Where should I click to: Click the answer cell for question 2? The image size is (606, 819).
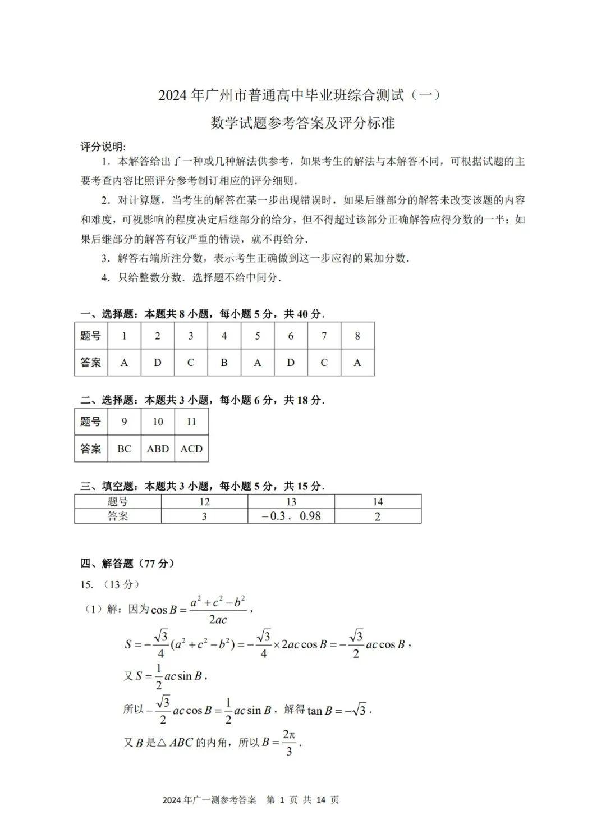pos(157,363)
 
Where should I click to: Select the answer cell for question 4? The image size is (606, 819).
pos(224,363)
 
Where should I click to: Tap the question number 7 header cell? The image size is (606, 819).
pos(324,336)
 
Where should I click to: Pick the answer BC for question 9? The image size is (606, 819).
pos(124,449)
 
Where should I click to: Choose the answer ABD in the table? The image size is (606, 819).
pos(158,449)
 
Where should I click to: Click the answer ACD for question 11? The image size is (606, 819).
pos(191,449)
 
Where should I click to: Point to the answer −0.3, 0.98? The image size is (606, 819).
pos(291,516)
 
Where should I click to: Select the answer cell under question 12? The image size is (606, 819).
pos(204,516)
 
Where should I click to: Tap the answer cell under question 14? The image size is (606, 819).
pos(378,516)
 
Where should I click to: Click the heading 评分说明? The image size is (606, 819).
pos(103,147)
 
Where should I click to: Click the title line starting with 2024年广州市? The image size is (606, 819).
pos(299,95)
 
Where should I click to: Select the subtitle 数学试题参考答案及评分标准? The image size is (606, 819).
pos(302,122)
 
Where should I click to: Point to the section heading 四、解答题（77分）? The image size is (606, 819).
pos(127,563)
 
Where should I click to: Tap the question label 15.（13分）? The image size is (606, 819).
pos(109,584)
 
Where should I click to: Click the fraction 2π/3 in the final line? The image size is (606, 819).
pos(289,742)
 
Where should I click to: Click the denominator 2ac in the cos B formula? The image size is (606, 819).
pos(218,620)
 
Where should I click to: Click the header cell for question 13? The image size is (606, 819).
pos(291,502)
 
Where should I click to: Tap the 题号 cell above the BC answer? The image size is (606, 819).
pos(91,422)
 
